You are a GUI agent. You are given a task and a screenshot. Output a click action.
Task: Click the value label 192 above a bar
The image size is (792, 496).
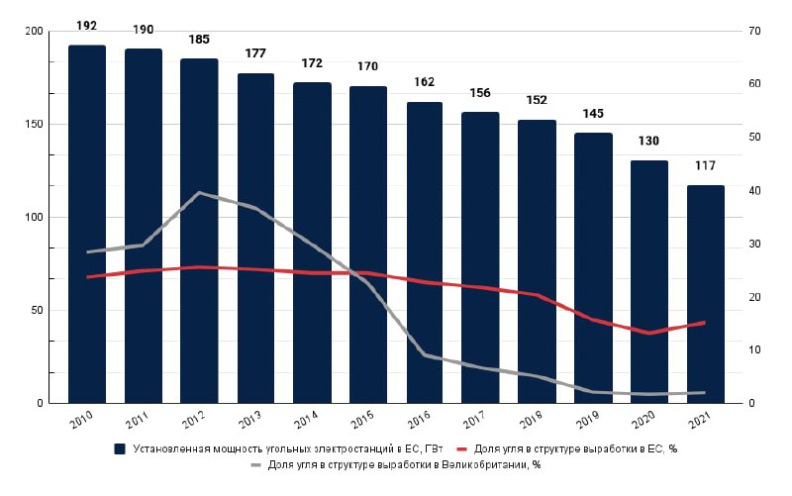[x=87, y=25]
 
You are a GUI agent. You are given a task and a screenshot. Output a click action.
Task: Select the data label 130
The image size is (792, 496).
[x=649, y=141]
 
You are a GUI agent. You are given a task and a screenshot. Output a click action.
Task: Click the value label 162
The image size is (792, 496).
[x=425, y=81]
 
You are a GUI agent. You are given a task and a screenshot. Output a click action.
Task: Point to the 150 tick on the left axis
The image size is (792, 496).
[x=34, y=125]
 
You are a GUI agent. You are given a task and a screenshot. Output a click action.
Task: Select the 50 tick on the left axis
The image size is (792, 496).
[x=38, y=311]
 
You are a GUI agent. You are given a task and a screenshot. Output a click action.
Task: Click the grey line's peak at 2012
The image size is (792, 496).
[x=200, y=192]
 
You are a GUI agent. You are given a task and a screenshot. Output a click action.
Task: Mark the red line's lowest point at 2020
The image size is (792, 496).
[x=649, y=333]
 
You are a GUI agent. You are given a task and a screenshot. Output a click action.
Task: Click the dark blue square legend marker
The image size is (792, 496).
[x=120, y=448]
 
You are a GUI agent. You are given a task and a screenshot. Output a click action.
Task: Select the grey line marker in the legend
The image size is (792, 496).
[x=255, y=463]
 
